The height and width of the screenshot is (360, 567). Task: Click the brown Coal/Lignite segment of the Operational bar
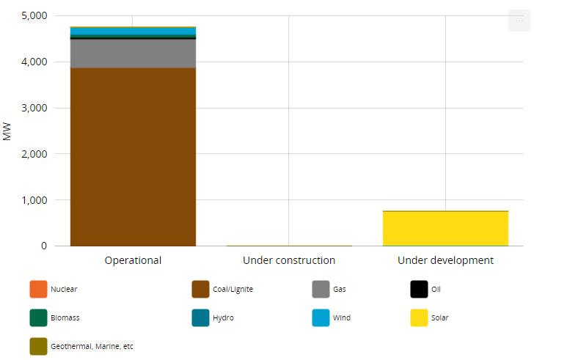click(133, 157)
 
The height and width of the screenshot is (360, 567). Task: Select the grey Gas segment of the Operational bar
click(133, 54)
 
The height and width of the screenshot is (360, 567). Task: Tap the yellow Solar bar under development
click(445, 228)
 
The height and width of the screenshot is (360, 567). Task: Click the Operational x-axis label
click(133, 260)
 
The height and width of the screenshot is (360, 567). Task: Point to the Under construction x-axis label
click(289, 260)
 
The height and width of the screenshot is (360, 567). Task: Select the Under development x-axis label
click(445, 260)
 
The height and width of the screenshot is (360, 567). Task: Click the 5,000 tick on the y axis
click(33, 16)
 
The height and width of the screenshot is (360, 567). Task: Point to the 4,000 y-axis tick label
click(33, 62)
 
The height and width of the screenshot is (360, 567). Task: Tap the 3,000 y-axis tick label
click(33, 109)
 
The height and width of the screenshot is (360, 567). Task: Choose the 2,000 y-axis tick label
click(33, 155)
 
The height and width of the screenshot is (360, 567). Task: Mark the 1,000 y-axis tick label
click(33, 200)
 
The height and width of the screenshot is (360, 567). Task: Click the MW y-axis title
click(8, 131)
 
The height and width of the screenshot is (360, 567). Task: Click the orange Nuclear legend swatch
click(38, 290)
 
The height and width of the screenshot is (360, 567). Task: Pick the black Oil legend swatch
click(419, 290)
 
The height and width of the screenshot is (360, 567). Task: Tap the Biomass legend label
click(65, 318)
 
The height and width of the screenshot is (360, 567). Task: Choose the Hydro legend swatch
click(200, 318)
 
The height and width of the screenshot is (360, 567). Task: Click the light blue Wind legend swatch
click(321, 318)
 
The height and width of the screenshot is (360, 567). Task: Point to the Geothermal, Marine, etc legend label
click(92, 346)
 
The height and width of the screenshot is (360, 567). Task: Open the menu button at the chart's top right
click(519, 21)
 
